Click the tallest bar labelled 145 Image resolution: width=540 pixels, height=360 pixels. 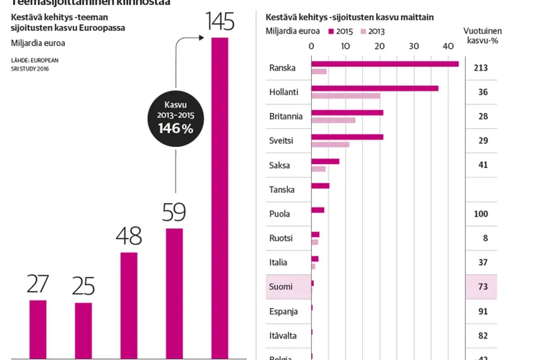pyautogui.click(x=220, y=198)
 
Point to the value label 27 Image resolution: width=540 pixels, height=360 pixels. pyautogui.click(x=37, y=284)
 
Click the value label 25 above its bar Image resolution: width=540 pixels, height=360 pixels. pyautogui.click(x=84, y=286)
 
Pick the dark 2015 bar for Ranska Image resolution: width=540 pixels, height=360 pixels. pyautogui.click(x=384, y=64)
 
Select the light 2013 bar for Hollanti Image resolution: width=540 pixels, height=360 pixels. pyautogui.click(x=346, y=96)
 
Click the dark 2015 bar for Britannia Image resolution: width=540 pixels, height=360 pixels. pyautogui.click(x=347, y=113)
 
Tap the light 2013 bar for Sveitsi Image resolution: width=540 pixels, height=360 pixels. pyautogui.click(x=330, y=145)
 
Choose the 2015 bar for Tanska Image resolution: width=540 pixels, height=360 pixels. pyautogui.click(x=320, y=186)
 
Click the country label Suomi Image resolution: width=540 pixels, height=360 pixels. pyautogui.click(x=280, y=287)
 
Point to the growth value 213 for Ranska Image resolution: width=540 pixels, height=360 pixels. pyautogui.click(x=482, y=68)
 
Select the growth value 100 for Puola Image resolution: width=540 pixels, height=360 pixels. pyautogui.click(x=482, y=214)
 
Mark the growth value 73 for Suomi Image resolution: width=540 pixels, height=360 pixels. pyautogui.click(x=482, y=287)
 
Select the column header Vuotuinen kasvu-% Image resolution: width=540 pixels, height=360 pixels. pyautogui.click(x=483, y=36)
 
